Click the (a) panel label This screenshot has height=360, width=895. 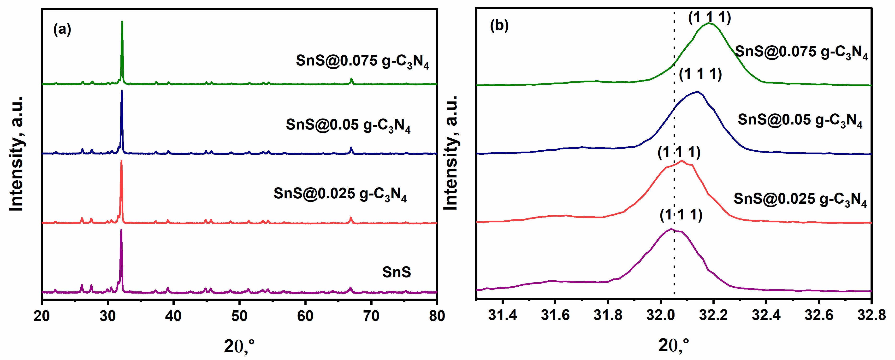tap(62, 30)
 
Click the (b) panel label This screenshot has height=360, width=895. tap(499, 26)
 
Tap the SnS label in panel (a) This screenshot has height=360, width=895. tap(397, 272)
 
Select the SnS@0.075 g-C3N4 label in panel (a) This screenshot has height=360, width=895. tap(362, 61)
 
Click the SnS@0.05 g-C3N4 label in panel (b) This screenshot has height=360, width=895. tap(800, 120)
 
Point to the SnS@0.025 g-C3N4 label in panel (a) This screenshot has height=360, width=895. tap(340, 194)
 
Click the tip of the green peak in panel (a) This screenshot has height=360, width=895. tap(122, 22)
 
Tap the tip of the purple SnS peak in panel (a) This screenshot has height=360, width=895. tap(121, 230)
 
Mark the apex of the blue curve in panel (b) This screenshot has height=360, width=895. tap(697, 92)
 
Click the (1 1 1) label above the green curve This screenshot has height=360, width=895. tap(710, 17)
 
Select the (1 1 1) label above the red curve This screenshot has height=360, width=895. tap(679, 152)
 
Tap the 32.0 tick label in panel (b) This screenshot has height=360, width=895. tap(660, 315)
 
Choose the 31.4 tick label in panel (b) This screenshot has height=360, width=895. tap(502, 315)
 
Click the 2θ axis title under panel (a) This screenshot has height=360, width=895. tap(239, 346)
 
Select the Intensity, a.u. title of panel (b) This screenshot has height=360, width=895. tap(451, 153)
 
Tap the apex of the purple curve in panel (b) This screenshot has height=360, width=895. tap(671, 229)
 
